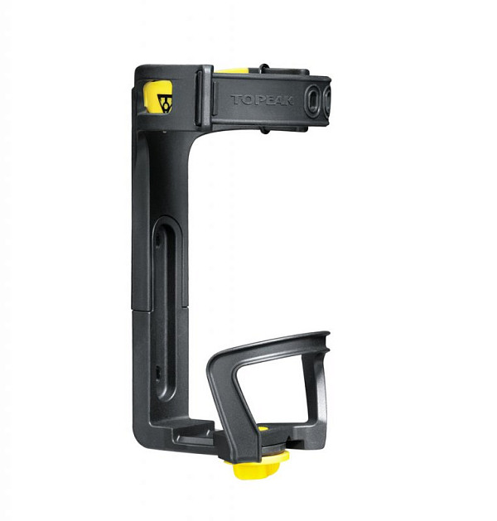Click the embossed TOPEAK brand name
click(x=262, y=99)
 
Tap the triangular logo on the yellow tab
click(x=165, y=104)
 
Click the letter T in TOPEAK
click(x=237, y=99)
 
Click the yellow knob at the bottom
click(x=256, y=465)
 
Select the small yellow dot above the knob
click(x=263, y=428)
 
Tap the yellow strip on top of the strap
click(x=231, y=70)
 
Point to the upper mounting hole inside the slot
click(x=158, y=239)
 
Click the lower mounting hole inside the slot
click(x=158, y=373)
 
